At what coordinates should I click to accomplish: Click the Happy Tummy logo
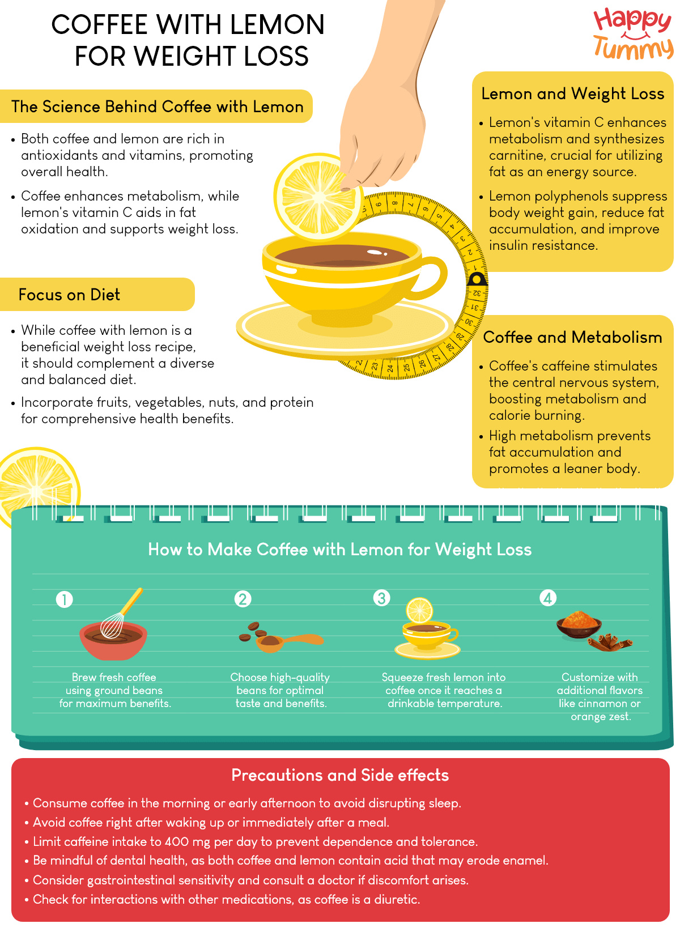coord(633,34)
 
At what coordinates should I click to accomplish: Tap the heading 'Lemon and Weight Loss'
coord(572,93)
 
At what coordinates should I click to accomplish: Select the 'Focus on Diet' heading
coord(69,295)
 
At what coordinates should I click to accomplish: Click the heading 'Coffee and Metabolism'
coord(572,337)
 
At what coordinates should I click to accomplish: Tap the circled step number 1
coord(65,599)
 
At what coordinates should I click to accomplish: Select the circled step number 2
coord(243,599)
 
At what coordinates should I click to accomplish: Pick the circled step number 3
coord(382,598)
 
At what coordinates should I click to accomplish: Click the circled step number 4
coord(548,598)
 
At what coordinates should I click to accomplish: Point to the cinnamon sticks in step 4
coord(609,642)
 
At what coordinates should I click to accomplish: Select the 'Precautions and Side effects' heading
coord(340,775)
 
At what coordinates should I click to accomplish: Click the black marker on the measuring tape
coord(477,279)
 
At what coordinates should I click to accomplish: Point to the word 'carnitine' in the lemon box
coord(515,155)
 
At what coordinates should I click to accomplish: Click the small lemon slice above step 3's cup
coord(420,610)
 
